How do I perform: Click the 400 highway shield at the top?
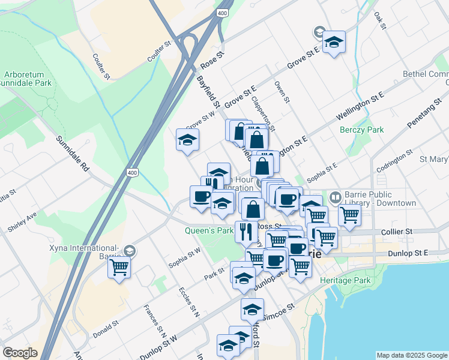click(x=223, y=13)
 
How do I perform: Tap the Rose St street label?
click(x=212, y=60)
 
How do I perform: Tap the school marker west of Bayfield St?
click(x=187, y=140)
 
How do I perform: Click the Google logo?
click(x=20, y=353)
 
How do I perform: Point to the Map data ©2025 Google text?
click(x=411, y=355)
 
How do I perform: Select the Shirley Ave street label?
click(x=22, y=221)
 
